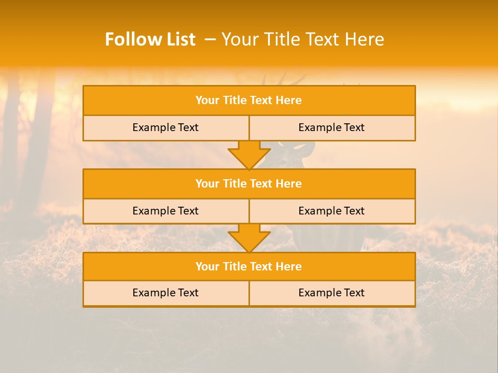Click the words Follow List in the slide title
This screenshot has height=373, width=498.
point(150,39)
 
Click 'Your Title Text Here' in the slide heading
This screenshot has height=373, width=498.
point(302,39)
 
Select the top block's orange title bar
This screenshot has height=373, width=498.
point(249,101)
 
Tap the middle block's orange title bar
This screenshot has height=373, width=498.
point(249,184)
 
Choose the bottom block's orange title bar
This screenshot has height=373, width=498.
point(249,267)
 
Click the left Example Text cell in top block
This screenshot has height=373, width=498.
point(165,128)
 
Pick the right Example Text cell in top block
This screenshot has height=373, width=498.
point(331,128)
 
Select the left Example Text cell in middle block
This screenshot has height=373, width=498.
point(165,211)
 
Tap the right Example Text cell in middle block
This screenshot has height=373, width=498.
point(331,211)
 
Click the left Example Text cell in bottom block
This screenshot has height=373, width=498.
point(165,293)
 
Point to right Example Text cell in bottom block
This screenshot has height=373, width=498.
point(331,293)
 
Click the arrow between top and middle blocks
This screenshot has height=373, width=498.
point(249,154)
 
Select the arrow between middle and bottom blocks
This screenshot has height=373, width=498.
point(249,237)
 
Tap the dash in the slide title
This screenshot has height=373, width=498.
point(210,39)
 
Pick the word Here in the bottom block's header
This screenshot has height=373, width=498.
point(289,267)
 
